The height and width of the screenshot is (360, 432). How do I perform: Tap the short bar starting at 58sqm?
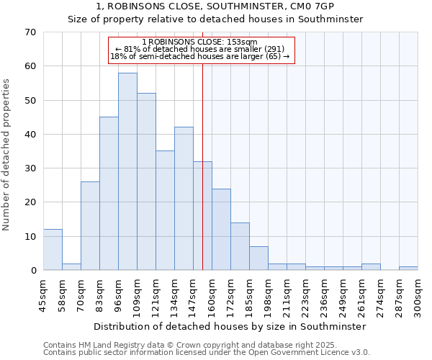71,266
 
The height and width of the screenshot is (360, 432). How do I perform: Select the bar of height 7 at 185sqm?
258,258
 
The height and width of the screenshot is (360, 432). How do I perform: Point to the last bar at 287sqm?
408,269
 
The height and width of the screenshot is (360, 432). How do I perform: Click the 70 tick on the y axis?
30,32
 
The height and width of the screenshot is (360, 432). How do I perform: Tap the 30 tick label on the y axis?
30,168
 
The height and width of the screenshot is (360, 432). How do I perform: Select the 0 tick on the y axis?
32,271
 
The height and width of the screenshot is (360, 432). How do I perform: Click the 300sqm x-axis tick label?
418,295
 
